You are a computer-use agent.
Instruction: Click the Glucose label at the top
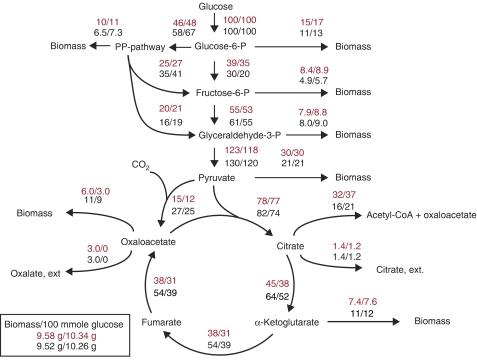click(x=216, y=8)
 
